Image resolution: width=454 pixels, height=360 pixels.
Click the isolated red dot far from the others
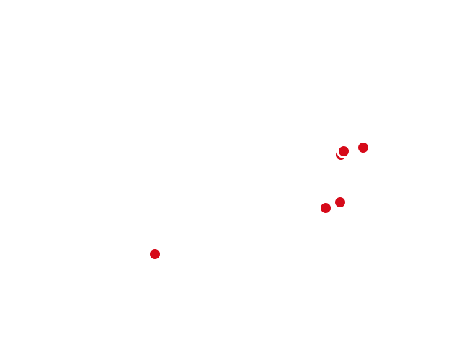pyautogui.click(x=155, y=254)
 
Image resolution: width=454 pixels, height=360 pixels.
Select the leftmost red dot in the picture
pyautogui.click(x=155, y=254)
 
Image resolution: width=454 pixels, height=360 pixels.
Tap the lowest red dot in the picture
pyautogui.click(x=155, y=254)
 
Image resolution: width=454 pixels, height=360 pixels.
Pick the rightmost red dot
pyautogui.click(x=363, y=148)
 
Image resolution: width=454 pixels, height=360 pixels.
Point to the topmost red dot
pyautogui.click(x=363, y=148)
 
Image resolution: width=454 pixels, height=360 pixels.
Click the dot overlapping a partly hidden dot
pyautogui.click(x=344, y=151)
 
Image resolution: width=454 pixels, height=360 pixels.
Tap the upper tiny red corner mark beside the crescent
pyautogui.click(x=336, y=150)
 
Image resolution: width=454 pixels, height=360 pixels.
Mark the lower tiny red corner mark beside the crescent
pyautogui.click(x=336, y=158)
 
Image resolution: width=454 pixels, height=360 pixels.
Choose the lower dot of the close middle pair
pyautogui.click(x=326, y=208)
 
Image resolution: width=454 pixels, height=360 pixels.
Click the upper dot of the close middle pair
pyautogui.click(x=340, y=202)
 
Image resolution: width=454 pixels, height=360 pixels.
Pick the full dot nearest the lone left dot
pyautogui.click(x=326, y=208)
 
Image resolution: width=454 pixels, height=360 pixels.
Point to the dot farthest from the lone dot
pyautogui.click(x=363, y=148)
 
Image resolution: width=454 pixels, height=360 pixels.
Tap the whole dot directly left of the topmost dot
pyautogui.click(x=344, y=151)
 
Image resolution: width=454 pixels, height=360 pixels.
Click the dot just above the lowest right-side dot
pyautogui.click(x=340, y=202)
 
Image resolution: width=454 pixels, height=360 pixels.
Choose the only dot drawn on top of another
pyautogui.click(x=344, y=151)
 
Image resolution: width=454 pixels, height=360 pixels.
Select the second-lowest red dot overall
pyautogui.click(x=326, y=208)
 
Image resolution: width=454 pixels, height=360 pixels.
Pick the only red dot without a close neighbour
pyautogui.click(x=155, y=254)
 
